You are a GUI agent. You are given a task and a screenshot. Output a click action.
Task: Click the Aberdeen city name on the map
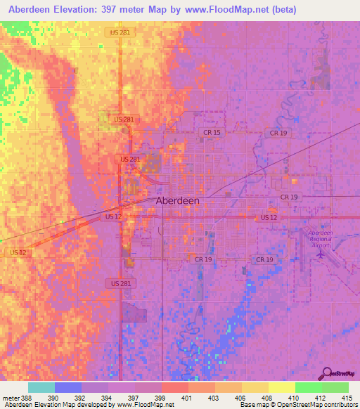point(177,200)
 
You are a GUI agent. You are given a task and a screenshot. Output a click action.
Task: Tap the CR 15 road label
point(212,133)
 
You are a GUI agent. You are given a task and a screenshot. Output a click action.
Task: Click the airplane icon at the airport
point(322,254)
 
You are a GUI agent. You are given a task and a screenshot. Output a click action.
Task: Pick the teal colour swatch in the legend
point(41,387)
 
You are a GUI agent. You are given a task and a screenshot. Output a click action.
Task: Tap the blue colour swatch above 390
point(68,387)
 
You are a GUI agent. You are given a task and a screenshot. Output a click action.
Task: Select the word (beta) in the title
point(284,10)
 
